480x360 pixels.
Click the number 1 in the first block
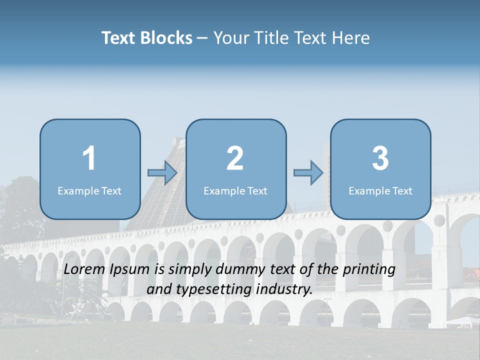pos(89,158)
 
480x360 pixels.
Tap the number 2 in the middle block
pos(235,158)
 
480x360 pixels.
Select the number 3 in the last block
pos(380,158)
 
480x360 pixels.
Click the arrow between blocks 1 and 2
pos(162,173)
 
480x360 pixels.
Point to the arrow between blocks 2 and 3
pos(308,173)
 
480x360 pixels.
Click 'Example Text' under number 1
pos(89,190)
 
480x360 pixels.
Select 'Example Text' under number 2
pos(235,190)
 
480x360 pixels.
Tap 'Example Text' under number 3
pos(380,190)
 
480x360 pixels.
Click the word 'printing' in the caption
pos(369,270)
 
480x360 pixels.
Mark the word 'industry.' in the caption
pos(285,289)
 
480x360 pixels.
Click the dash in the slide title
pos(202,38)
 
